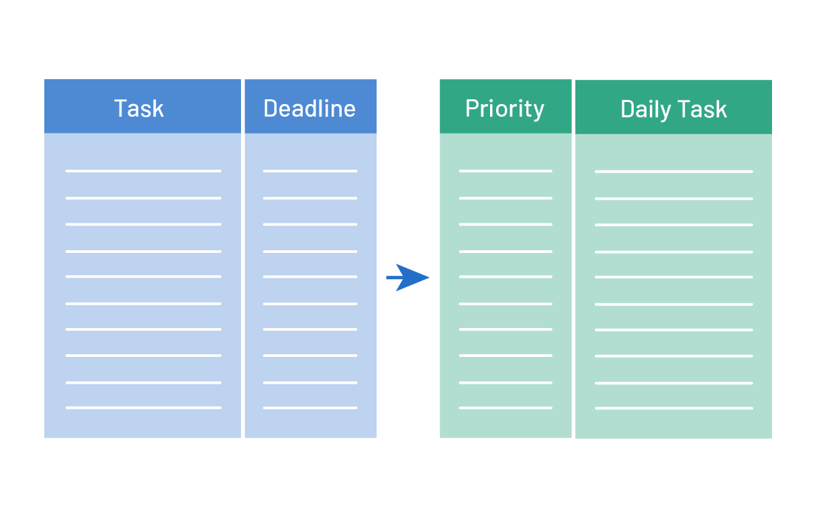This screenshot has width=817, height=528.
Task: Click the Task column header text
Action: coord(139,108)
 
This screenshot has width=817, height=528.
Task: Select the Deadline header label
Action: coord(309,108)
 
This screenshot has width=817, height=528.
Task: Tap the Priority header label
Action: coord(505,109)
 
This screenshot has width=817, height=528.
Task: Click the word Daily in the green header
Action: coord(646,109)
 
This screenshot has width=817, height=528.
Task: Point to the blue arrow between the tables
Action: coord(407,278)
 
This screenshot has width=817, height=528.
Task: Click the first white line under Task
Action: coord(144,171)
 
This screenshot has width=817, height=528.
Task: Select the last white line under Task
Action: coord(144,408)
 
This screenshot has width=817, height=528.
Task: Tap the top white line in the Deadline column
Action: coord(310,171)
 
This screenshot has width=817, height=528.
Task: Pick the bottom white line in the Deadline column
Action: coord(310,408)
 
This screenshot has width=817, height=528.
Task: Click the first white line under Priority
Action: coord(506,171)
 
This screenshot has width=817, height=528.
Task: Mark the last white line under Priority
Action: coord(506,408)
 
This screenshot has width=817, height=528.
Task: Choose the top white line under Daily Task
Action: coord(673,171)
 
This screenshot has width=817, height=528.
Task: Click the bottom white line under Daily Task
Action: coord(673,408)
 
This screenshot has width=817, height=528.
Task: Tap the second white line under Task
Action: coord(144,198)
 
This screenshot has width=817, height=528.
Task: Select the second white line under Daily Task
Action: coord(673,199)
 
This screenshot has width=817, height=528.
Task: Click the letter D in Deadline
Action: coord(271,108)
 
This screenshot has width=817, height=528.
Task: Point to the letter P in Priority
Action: coord(472,108)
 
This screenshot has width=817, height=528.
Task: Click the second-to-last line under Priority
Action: coord(506,382)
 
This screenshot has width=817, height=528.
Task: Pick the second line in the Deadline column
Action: coord(310,198)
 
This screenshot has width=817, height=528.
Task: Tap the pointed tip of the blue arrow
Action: coord(429,278)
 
